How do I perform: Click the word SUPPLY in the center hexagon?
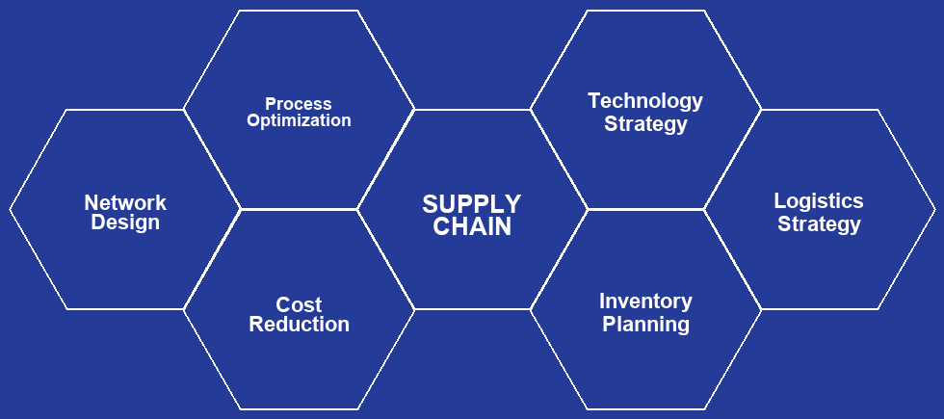coord(471,204)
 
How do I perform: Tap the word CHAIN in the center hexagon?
coord(471,227)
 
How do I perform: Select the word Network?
coord(125,203)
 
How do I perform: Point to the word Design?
coord(125,223)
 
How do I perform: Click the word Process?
coord(299,104)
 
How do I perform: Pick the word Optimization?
coord(299,121)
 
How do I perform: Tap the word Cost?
coord(299,304)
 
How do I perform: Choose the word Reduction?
coord(299,325)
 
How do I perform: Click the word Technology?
coord(645,101)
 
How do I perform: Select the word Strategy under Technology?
coord(645,124)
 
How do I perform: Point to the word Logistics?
coord(819,201)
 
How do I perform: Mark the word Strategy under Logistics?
coord(819,224)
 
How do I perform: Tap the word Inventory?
coord(645,301)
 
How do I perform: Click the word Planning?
coord(645,325)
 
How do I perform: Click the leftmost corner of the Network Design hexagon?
coord(11,209)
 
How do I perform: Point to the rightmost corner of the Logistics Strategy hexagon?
coord(934,209)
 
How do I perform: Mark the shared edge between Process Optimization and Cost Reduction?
coord(299,209)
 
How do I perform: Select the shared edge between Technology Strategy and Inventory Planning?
coord(645,209)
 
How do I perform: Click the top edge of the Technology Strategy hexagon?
coord(645,11)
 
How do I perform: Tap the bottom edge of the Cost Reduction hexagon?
coord(299,409)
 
